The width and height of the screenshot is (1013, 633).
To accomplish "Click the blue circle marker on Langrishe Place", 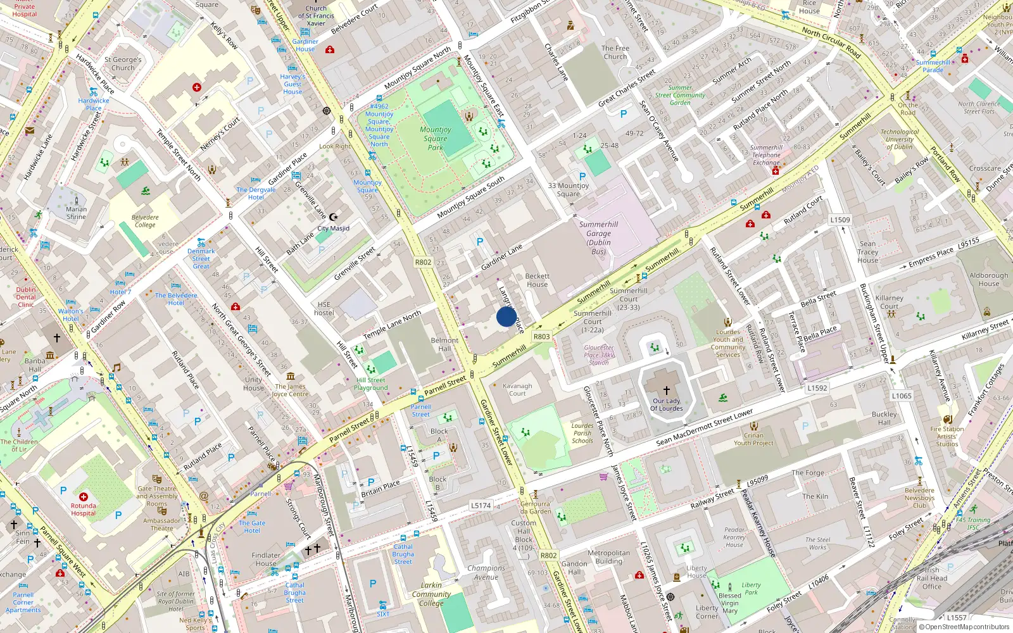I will coord(506,316).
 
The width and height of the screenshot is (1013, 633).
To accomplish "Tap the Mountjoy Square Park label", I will coord(436,138).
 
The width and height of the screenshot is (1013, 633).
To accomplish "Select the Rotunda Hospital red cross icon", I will coord(84,497).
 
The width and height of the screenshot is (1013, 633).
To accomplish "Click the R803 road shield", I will coord(541,337).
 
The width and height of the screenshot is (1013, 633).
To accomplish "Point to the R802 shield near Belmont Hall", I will coord(423,262).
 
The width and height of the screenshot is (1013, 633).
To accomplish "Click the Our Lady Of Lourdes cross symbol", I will coord(666,391).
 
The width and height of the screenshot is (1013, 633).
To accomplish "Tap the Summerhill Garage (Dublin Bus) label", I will coord(598,237).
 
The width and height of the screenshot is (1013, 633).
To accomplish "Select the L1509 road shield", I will coord(840,220).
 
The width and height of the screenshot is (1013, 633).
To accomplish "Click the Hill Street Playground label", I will coord(371,384).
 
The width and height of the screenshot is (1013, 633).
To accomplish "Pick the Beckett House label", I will coord(537,280).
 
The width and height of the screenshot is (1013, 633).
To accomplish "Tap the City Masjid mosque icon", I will coord(334,217).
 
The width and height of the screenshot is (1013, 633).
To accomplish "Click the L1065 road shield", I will coord(902,396).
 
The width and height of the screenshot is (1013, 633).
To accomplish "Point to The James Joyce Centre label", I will coord(291,390).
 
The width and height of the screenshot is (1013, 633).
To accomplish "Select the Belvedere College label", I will coord(145,221).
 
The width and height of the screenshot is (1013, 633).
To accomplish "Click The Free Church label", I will coord(615,52).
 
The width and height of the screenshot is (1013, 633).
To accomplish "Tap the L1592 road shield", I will coord(817,388).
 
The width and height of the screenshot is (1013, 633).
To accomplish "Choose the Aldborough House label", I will coord(988,279).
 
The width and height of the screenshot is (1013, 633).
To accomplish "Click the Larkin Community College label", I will coord(431,594).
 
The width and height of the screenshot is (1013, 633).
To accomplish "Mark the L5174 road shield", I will coord(481,505).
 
